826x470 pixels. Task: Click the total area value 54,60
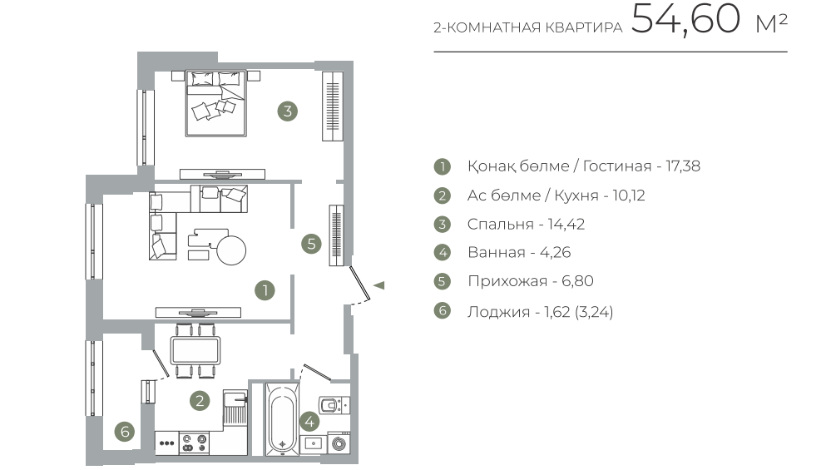click(685, 19)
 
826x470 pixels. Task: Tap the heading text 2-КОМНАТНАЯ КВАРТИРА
click(528, 27)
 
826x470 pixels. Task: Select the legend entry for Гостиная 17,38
click(584, 166)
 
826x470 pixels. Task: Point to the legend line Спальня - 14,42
click(526, 224)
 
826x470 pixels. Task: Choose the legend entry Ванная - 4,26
click(519, 252)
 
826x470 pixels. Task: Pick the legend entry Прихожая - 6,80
click(531, 281)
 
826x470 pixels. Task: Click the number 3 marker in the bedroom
click(288, 111)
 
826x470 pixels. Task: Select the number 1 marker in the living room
click(265, 290)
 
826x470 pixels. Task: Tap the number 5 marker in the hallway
click(311, 244)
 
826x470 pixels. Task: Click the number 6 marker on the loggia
click(125, 432)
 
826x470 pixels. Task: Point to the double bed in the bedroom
click(215, 103)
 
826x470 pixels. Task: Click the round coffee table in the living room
click(232, 250)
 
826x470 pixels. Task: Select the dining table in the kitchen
click(195, 350)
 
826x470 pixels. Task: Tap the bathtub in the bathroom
click(283, 418)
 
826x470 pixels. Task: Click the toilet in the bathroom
click(332, 405)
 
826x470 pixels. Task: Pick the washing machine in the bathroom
click(339, 443)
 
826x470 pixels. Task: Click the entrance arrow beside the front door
click(378, 285)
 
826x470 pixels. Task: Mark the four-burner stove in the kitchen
click(194, 443)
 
